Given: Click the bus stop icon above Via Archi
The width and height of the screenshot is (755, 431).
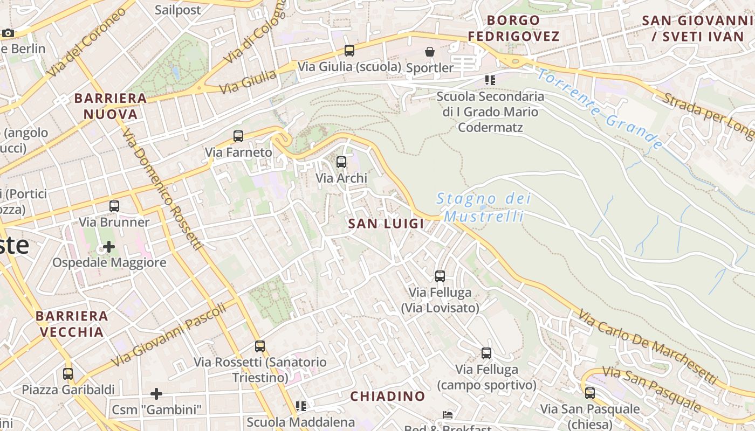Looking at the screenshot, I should pyautogui.click(x=341, y=162).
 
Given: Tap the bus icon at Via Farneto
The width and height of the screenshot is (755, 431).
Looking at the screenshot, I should pyautogui.click(x=238, y=136).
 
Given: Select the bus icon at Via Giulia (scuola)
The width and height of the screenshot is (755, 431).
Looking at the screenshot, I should pyautogui.click(x=349, y=51).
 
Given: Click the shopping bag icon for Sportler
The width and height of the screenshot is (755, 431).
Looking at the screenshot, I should pyautogui.click(x=430, y=52).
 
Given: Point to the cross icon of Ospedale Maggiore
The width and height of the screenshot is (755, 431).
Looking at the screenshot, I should pyautogui.click(x=109, y=247).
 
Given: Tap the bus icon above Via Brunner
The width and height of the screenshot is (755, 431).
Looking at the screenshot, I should pyautogui.click(x=114, y=206).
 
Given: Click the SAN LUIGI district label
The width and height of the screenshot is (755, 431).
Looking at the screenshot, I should pyautogui.click(x=386, y=224).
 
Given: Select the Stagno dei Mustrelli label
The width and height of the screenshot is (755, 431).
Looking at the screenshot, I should pyautogui.click(x=483, y=207).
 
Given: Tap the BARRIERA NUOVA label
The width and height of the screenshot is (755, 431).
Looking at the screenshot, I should pyautogui.click(x=111, y=106).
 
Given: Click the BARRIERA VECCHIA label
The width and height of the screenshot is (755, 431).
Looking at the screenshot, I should pyautogui.click(x=72, y=324).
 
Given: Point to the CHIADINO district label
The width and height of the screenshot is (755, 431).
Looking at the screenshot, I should pyautogui.click(x=388, y=397).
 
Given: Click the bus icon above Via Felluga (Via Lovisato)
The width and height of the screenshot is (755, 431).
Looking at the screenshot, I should pyautogui.click(x=440, y=276).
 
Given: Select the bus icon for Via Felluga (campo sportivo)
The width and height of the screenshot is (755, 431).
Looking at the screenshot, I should pyautogui.click(x=486, y=353).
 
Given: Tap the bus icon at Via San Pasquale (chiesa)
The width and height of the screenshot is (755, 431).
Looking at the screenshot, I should pyautogui.click(x=590, y=393).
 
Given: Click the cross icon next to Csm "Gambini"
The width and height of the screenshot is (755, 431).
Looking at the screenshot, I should pyautogui.click(x=156, y=394).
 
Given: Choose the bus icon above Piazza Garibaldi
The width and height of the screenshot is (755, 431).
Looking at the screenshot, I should pyautogui.click(x=68, y=373).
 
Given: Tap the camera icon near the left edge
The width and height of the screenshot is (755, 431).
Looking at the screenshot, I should pyautogui.click(x=8, y=33).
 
